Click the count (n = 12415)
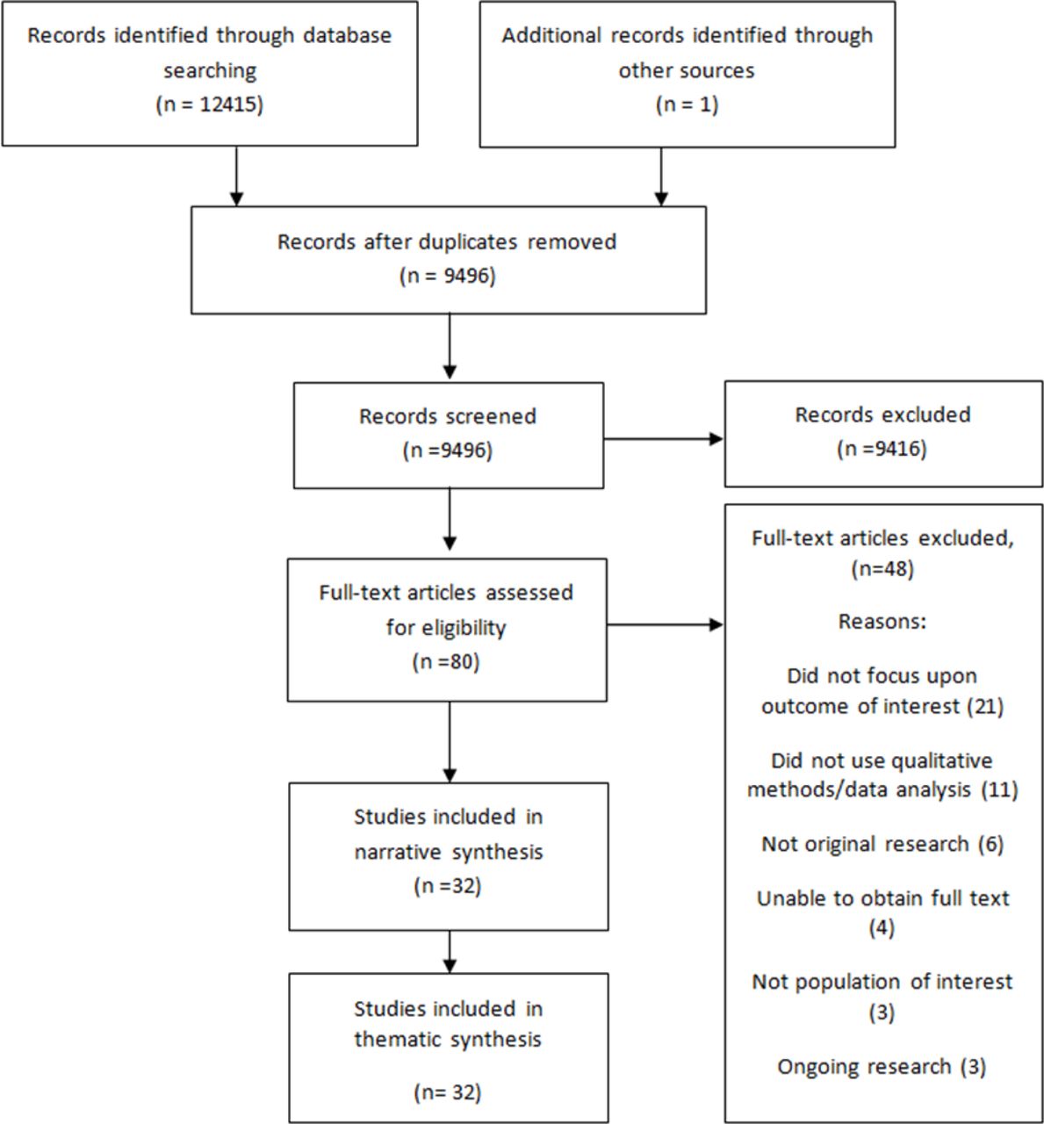pos(210,104)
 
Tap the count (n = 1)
pos(687,104)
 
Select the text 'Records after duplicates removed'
pos(447,241)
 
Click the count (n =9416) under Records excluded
pos(882,449)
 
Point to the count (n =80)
pos(446,661)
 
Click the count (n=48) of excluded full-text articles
pos(882,568)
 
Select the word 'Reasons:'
pos(882,622)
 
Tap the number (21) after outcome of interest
pos(985,706)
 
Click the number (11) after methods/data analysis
pos(1000,789)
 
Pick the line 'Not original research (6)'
pos(882,844)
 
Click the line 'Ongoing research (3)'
pos(882,1066)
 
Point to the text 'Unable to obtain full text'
pos(882,898)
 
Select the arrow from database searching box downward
pos(237,176)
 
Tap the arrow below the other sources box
pos(660,177)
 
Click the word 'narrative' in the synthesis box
pos(398,852)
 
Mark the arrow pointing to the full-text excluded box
pos(666,625)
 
